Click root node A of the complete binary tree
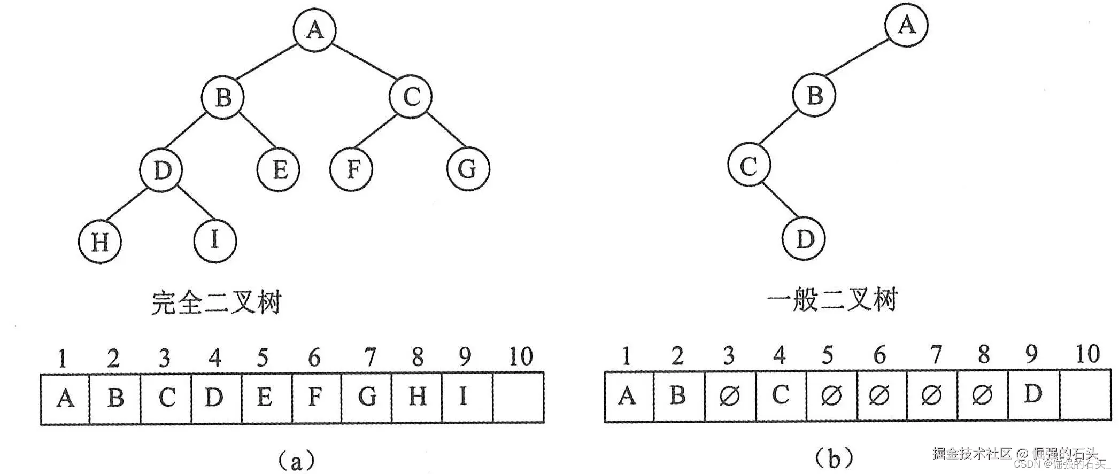[315, 29]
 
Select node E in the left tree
[279, 170]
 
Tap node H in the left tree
[100, 242]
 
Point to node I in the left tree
[215, 240]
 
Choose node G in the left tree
[468, 169]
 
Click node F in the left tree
[352, 169]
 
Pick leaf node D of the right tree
[804, 239]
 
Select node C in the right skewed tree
[749, 166]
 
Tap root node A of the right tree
[906, 25]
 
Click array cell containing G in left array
[367, 398]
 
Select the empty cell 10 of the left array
[518, 398]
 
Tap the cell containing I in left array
[467, 398]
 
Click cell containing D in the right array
[1032, 396]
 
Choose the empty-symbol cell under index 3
[730, 396]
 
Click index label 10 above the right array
[1087, 355]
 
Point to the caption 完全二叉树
[215, 303]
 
